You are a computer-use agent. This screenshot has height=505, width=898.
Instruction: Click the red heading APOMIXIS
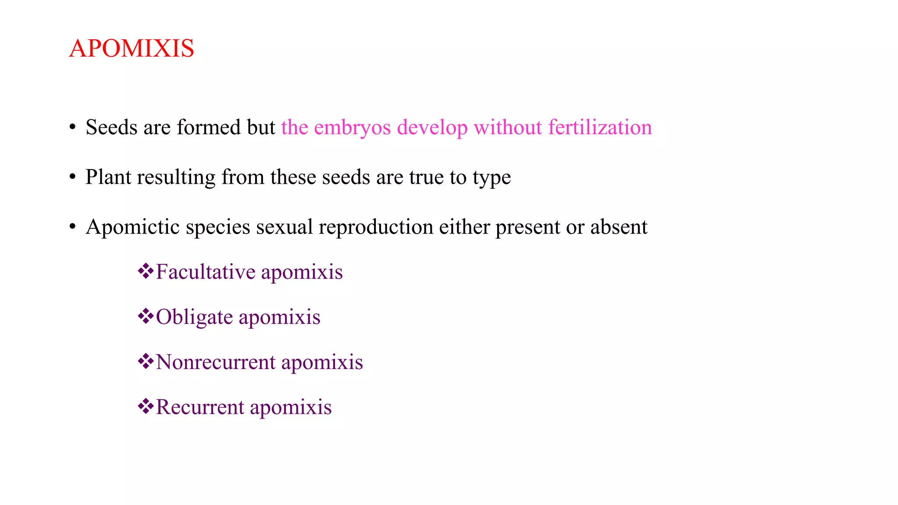[x=132, y=48]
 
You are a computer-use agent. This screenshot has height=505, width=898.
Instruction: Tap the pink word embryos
[x=352, y=128]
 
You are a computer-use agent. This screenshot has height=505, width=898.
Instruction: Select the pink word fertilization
[x=600, y=128]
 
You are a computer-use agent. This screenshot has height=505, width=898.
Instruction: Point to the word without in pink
[x=508, y=128]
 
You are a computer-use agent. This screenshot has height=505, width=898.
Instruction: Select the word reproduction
[x=376, y=228]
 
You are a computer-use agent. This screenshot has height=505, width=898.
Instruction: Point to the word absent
[x=619, y=227]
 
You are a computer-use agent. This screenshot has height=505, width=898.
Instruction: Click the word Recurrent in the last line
[x=200, y=407]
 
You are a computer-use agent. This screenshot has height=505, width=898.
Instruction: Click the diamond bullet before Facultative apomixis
[x=146, y=271]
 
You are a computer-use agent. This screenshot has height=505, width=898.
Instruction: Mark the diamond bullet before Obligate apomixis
[x=146, y=316]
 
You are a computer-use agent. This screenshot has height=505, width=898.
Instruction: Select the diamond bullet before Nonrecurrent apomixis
[x=146, y=361]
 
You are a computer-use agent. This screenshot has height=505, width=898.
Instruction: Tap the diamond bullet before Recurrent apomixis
[x=146, y=406]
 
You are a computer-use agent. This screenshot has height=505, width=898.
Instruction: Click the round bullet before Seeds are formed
[x=73, y=128]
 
